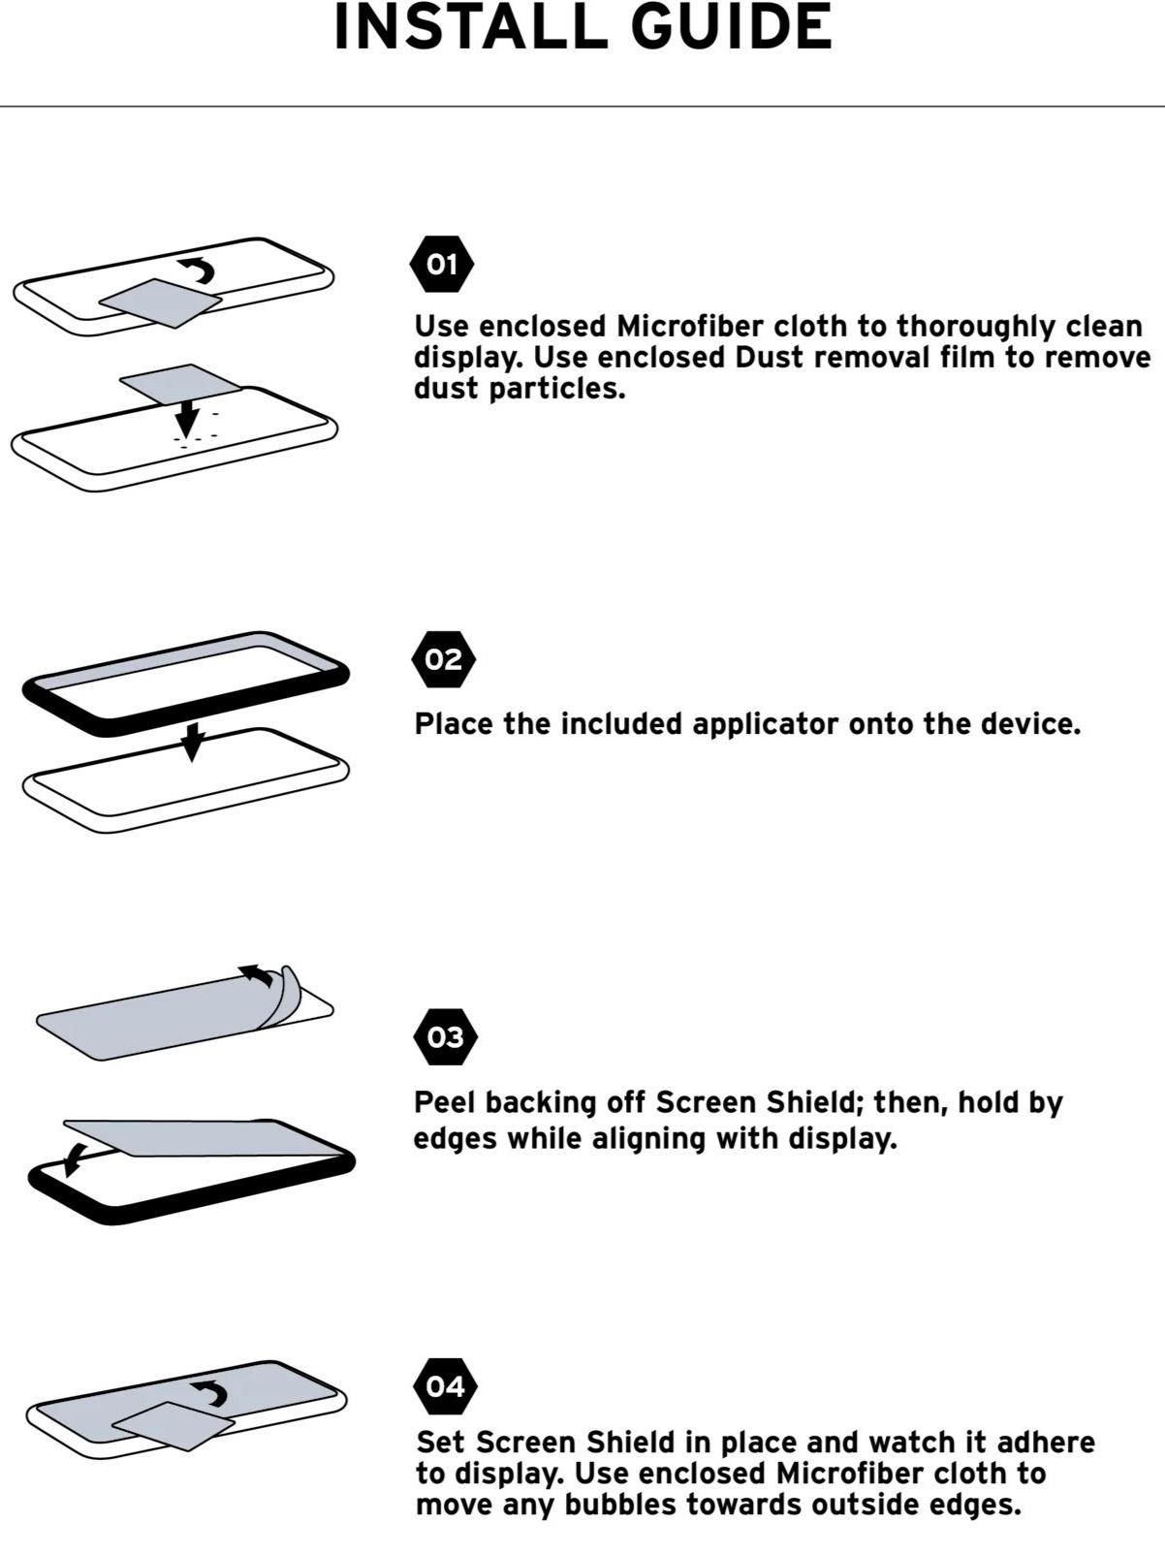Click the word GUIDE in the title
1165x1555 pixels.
point(732,27)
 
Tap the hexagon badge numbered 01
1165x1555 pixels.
point(442,265)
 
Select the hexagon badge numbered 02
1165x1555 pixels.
point(443,659)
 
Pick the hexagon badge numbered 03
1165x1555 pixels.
point(446,1037)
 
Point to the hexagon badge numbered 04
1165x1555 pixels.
point(446,1386)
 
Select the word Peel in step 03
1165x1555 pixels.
point(445,1102)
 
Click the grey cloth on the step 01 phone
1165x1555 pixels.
point(160,303)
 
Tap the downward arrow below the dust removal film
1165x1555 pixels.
point(186,418)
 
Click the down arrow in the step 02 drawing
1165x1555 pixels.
point(191,743)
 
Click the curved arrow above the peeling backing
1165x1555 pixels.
point(257,973)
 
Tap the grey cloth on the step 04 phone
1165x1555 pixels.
point(173,1425)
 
